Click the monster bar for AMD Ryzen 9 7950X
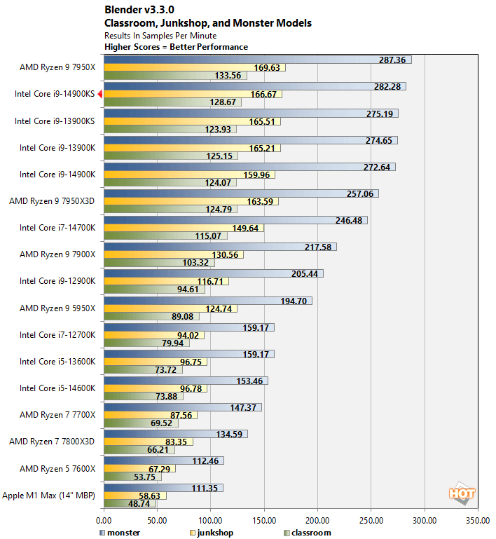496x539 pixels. tap(257, 60)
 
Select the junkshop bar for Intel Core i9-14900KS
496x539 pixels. tap(193, 94)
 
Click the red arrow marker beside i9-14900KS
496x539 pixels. tap(100, 94)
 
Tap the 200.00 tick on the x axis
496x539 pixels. tap(317, 521)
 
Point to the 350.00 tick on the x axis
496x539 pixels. tap(478, 521)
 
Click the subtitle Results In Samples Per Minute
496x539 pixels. tap(160, 35)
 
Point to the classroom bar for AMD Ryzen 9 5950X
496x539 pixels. tap(151, 316)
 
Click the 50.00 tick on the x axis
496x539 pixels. tap(157, 521)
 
